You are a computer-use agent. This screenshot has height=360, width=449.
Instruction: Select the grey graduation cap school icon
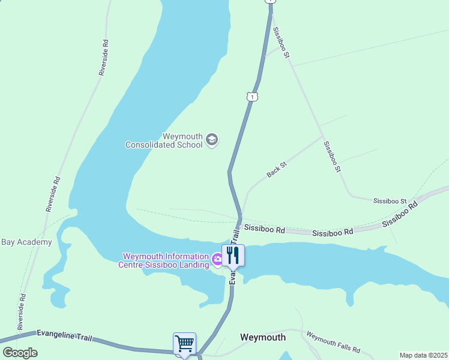(x=211, y=140)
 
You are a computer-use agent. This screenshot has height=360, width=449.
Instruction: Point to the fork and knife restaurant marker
(x=234, y=255)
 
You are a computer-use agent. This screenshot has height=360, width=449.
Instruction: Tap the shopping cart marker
(x=184, y=344)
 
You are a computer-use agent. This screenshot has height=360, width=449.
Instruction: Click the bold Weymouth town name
(x=263, y=337)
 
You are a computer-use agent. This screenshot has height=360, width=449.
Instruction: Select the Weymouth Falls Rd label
(x=333, y=342)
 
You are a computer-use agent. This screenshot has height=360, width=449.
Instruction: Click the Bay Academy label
(x=26, y=242)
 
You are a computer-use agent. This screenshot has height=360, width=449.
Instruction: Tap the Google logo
(x=20, y=352)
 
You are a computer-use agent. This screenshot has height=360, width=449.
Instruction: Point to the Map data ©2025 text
(x=423, y=355)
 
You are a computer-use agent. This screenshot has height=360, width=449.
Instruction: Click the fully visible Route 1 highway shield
(x=253, y=97)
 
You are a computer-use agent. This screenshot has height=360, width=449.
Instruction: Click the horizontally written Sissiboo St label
(x=390, y=200)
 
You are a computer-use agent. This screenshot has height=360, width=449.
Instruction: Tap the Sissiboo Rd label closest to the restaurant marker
(x=264, y=229)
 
